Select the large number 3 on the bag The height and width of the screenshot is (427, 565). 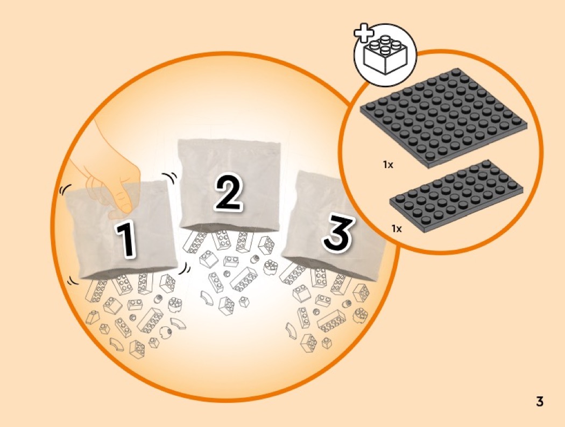click(x=337, y=233)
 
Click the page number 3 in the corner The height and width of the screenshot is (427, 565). click(x=539, y=401)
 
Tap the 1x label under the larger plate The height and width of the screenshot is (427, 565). click(x=388, y=165)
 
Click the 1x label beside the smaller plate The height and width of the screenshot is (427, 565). click(x=397, y=229)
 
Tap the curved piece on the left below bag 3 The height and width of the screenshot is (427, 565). click(x=291, y=331)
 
